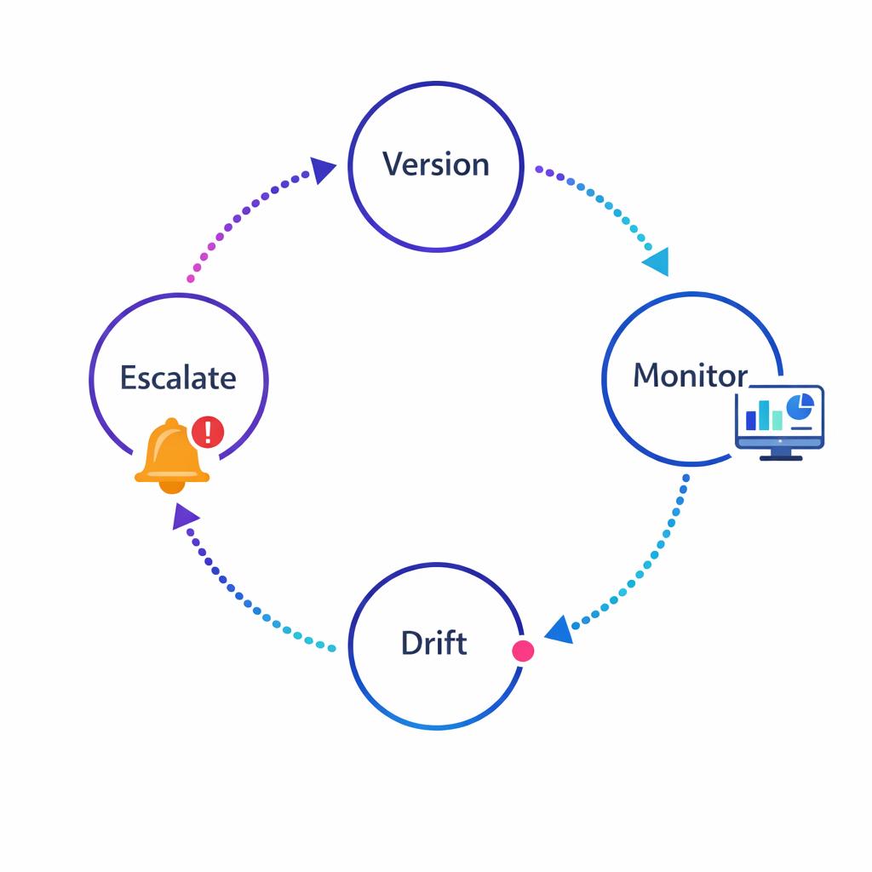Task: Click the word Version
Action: (435, 164)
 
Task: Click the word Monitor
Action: (690, 376)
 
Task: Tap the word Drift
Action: (433, 643)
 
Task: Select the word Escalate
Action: (178, 377)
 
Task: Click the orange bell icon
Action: (170, 456)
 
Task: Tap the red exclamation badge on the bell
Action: (208, 432)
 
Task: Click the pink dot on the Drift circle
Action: (523, 651)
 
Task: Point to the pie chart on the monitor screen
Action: (800, 407)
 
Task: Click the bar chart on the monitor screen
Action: (764, 416)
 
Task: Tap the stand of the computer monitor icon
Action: (780, 456)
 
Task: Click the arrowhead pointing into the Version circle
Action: (323, 170)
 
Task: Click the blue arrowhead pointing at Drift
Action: (558, 630)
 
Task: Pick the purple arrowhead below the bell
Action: (185, 516)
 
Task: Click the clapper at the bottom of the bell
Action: (171, 487)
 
